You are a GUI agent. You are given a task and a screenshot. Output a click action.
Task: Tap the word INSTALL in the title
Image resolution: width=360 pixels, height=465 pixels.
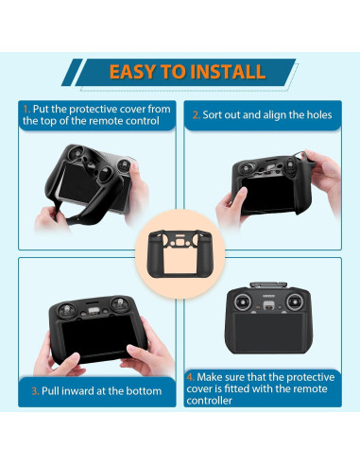click(228, 72)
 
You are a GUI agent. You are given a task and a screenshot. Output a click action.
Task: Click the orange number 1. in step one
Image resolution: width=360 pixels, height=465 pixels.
click(26, 110)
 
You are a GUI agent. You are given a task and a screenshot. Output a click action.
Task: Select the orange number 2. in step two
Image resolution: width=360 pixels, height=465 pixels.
click(197, 115)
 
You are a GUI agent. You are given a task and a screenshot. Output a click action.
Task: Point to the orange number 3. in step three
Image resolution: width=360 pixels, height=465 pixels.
click(35, 391)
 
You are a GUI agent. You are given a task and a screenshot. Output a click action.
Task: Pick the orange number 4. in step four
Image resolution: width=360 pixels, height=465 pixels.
click(191, 377)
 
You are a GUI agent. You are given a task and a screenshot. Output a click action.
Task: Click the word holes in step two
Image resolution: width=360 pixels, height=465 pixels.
click(320, 115)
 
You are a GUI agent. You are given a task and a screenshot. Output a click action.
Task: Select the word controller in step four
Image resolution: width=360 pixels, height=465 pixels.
click(209, 401)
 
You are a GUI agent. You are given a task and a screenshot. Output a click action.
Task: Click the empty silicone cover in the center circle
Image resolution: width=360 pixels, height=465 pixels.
click(180, 254)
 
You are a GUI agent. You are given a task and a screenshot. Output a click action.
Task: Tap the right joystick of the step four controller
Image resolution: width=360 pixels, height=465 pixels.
click(295, 302)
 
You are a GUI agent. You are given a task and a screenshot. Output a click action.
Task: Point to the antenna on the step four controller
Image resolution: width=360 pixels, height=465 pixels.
click(268, 284)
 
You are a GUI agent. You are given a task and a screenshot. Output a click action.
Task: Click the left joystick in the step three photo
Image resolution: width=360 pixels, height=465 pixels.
click(66, 310)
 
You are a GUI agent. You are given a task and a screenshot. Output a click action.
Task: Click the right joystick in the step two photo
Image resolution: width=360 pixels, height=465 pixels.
click(290, 164)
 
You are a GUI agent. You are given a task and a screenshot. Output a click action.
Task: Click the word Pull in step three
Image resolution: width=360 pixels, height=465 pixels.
click(48, 391)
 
